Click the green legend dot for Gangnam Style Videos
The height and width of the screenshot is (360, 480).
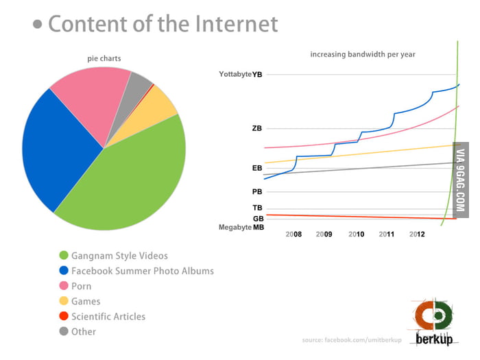(64, 256)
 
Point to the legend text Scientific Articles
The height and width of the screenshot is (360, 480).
(108, 316)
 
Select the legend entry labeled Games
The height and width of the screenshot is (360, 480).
(86, 301)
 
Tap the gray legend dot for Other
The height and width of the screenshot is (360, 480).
(64, 331)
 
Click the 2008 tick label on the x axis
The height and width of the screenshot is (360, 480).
(293, 235)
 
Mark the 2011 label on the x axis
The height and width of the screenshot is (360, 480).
(387, 235)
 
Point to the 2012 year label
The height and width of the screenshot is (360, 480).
(417, 235)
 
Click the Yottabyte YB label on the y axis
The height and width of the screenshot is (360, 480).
(239, 73)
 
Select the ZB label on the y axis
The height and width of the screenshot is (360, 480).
(256, 128)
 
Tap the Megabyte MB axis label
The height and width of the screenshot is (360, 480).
(241, 227)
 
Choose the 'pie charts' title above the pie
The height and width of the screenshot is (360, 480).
(103, 58)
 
